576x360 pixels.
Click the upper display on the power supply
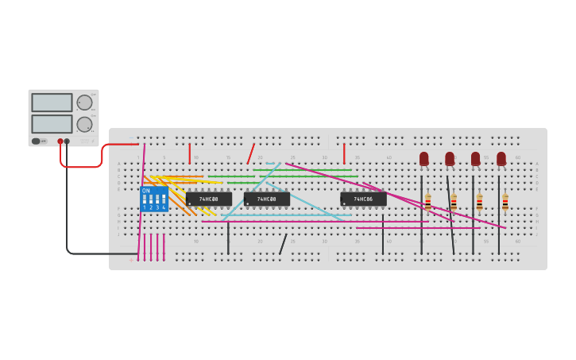pos(52,103)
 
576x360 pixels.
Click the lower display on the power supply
pos(52,124)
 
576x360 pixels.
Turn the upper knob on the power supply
pos(84,103)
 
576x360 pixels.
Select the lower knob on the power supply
pos(84,124)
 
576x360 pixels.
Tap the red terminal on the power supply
pos(60,141)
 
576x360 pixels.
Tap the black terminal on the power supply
pos(67,141)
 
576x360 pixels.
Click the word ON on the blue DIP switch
pos(146,191)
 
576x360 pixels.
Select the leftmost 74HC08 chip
pos(209,199)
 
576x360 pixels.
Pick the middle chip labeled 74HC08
pos(267,199)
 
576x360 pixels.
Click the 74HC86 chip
pos(363,199)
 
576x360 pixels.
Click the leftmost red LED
pos(424,158)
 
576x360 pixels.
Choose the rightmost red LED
pos(501,158)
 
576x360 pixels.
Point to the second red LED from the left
pos(450,158)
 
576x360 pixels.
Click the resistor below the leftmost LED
pos(428,202)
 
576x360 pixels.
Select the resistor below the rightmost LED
pos(505,202)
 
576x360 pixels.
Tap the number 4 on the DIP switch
pos(164,207)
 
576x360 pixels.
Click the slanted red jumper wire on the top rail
pos(251,153)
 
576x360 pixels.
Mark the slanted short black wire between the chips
pos(283,244)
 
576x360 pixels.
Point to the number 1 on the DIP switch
pos(145,207)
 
